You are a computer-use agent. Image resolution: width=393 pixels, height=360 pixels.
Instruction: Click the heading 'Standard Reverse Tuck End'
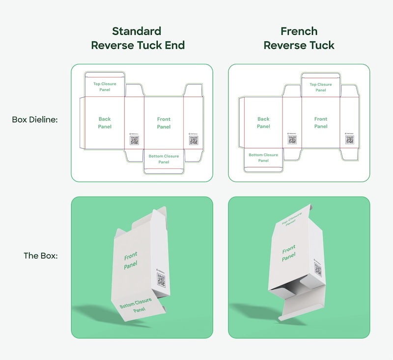click(138, 38)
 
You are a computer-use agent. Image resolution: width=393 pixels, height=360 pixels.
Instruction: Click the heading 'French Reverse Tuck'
click(299, 38)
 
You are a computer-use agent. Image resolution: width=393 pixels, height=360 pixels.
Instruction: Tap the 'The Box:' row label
click(41, 256)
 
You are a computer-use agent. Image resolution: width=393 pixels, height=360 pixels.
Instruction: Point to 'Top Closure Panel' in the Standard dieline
click(105, 87)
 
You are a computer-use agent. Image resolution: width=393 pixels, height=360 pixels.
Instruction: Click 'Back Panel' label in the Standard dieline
click(105, 123)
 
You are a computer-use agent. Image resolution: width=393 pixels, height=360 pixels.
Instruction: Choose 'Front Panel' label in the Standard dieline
click(164, 123)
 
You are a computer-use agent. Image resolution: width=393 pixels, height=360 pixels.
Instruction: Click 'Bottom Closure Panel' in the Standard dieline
click(164, 159)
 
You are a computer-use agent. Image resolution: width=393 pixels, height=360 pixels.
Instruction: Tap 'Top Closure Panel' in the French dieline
click(321, 87)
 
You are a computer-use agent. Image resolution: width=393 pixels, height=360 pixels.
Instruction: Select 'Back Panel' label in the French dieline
click(263, 123)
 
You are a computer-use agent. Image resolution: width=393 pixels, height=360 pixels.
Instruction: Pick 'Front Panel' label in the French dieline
click(321, 123)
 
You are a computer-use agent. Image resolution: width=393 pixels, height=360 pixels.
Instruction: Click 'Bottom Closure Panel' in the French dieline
click(263, 158)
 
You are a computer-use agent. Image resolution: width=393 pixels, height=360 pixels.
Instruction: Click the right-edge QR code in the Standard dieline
click(194, 140)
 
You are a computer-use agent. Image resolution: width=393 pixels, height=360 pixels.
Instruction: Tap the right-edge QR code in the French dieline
click(350, 140)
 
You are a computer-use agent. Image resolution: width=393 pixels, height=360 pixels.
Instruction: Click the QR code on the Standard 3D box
click(161, 280)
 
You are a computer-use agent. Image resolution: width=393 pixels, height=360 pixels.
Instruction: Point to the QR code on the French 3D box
click(317, 268)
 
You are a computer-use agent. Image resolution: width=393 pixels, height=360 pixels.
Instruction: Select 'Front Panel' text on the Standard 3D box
click(131, 260)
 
